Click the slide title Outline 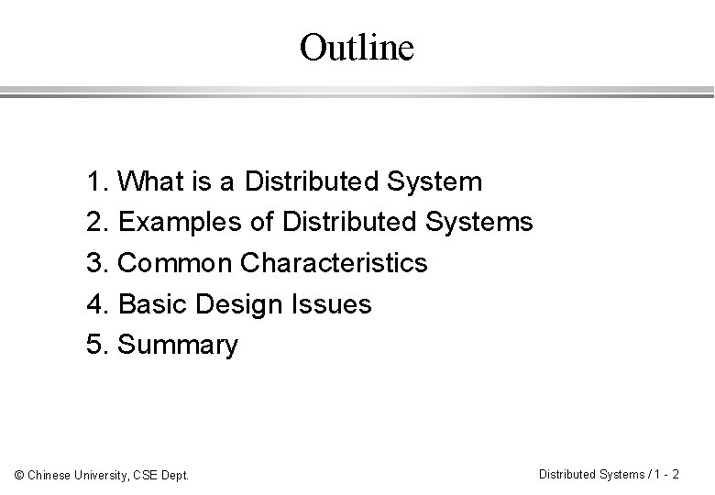point(357,48)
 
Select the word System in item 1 point(434,181)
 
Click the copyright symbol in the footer point(19,475)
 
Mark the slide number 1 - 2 point(665,474)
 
